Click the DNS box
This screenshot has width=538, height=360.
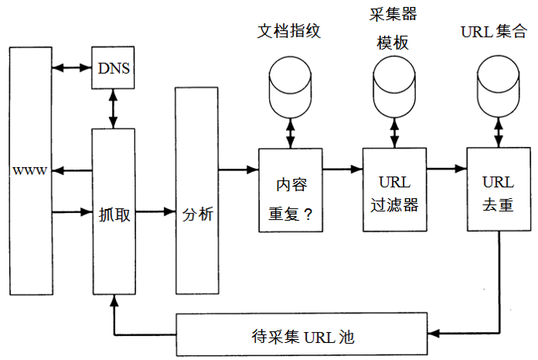114,68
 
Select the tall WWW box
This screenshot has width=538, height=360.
30,170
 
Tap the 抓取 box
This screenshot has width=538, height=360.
114,212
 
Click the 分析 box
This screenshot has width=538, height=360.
197,190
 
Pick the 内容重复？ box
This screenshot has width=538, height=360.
290,190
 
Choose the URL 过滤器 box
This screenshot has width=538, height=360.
394,190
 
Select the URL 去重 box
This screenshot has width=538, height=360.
498,190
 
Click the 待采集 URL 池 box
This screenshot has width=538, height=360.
303,335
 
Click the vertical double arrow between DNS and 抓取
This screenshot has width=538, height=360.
114,108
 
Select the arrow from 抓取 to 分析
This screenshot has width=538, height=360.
156,211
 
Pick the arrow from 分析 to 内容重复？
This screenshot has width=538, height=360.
238,169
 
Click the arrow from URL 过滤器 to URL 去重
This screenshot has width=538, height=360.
447,169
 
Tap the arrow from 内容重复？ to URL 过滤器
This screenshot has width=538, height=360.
342,169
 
